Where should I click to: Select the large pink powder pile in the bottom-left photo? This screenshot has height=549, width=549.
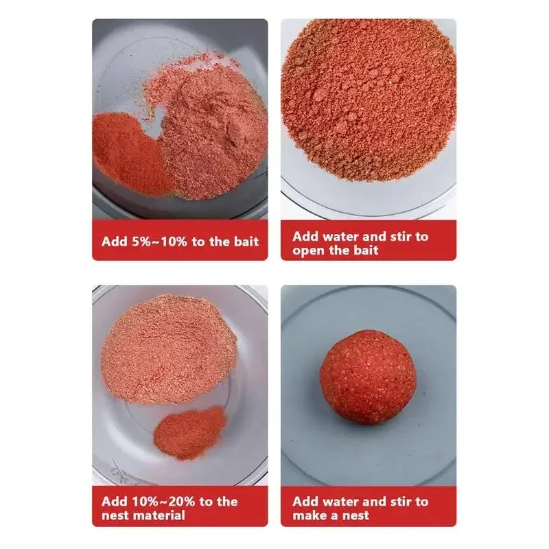(169, 347)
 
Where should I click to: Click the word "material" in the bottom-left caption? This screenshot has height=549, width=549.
(160, 515)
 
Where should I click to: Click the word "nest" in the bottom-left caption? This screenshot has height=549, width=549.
(115, 515)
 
